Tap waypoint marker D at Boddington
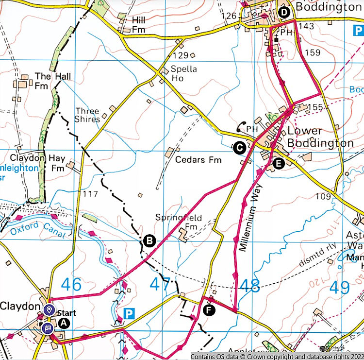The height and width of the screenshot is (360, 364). click(283, 12)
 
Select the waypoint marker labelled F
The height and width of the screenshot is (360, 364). click(209, 310)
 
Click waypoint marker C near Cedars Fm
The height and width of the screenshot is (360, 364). click(238, 148)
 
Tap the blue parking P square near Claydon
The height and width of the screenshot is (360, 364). click(129, 314)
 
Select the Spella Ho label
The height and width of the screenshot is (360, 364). click(183, 73)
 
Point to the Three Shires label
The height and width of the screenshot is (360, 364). click(87, 115)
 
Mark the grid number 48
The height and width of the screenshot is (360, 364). click(249, 286)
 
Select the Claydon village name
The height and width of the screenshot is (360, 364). click(19, 307)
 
